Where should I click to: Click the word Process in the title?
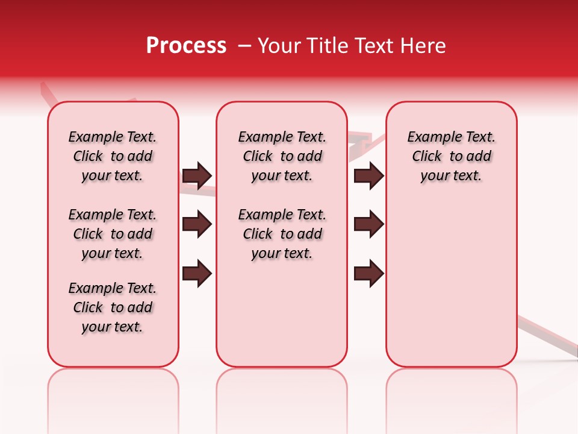tap(186, 46)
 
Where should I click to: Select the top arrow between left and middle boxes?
tap(197, 175)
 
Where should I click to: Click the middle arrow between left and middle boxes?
tap(197, 225)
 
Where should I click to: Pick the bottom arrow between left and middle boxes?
tap(197, 273)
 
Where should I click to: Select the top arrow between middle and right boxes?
tap(368, 175)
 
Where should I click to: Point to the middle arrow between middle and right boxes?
tap(368, 225)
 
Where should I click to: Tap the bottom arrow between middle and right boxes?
tap(368, 273)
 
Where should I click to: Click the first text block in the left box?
tap(113, 156)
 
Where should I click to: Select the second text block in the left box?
tap(113, 234)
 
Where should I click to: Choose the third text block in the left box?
tap(113, 307)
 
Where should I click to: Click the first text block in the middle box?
tap(282, 156)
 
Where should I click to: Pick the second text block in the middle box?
tap(282, 234)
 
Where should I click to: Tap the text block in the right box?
tap(451, 156)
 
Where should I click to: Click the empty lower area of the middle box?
tap(282, 313)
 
